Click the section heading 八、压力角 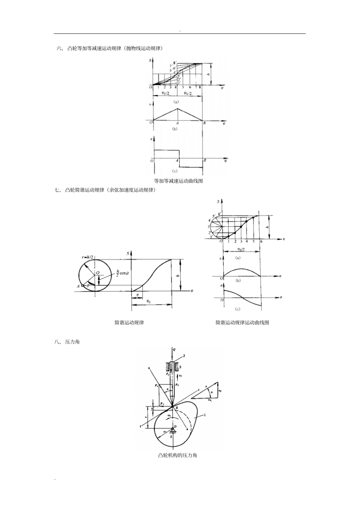click(x=67, y=342)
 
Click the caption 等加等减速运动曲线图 click(x=178, y=181)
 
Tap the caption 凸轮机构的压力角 click(x=177, y=455)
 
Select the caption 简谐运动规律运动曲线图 click(x=242, y=323)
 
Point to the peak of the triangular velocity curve click(x=178, y=109)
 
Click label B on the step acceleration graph click(x=205, y=161)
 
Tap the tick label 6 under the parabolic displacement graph click(x=190, y=88)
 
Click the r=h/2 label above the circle click(x=88, y=257)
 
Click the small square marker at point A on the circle click(x=82, y=286)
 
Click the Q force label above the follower click(x=174, y=349)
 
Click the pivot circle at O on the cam click(x=173, y=428)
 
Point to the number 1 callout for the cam click(x=205, y=416)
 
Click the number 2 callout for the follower click(x=183, y=356)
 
